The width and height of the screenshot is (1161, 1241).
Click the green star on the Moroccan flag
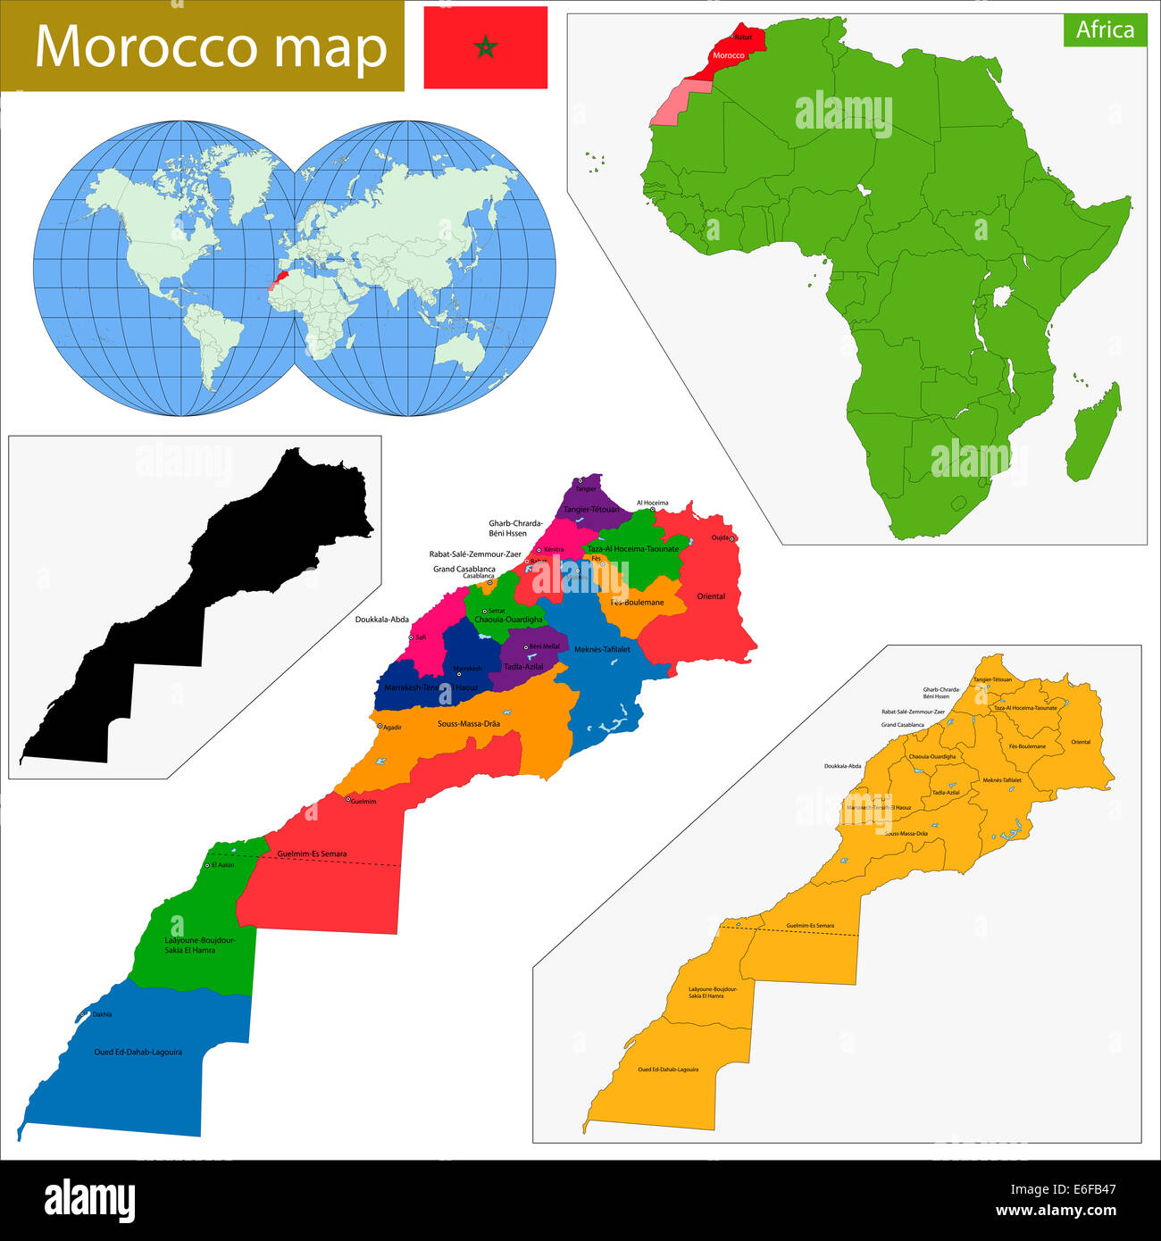[x=485, y=47]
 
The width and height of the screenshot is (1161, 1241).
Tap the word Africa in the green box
[x=1105, y=30]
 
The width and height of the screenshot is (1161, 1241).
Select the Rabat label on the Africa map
[x=743, y=37]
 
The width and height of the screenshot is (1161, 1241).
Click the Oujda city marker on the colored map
[x=731, y=539]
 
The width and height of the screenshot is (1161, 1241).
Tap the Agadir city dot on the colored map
[x=380, y=726]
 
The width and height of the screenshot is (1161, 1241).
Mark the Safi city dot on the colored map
[x=411, y=637]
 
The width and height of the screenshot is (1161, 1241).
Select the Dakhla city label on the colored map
[x=102, y=1014]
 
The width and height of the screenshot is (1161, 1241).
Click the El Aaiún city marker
[x=207, y=865]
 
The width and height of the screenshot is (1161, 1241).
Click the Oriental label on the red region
[x=711, y=596]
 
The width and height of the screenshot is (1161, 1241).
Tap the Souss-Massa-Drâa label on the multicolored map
[x=469, y=724]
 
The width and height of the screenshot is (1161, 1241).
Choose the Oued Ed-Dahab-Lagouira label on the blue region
[x=138, y=1052]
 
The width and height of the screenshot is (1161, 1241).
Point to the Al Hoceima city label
[x=652, y=503]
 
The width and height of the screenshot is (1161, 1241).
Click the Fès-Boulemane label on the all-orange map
[x=1027, y=746]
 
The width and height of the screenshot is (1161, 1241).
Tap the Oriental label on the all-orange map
[x=1081, y=742]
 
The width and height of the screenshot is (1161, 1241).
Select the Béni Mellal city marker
[x=526, y=646]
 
